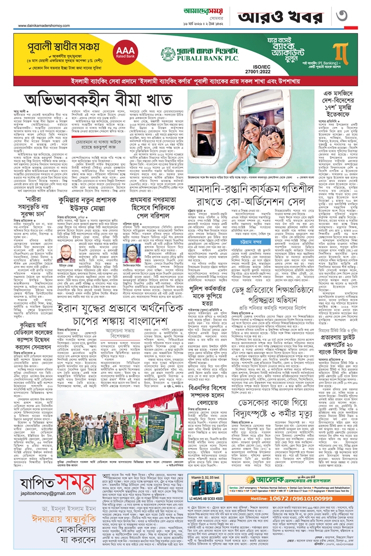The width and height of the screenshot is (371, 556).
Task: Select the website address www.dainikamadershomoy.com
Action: tap(49, 25)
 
